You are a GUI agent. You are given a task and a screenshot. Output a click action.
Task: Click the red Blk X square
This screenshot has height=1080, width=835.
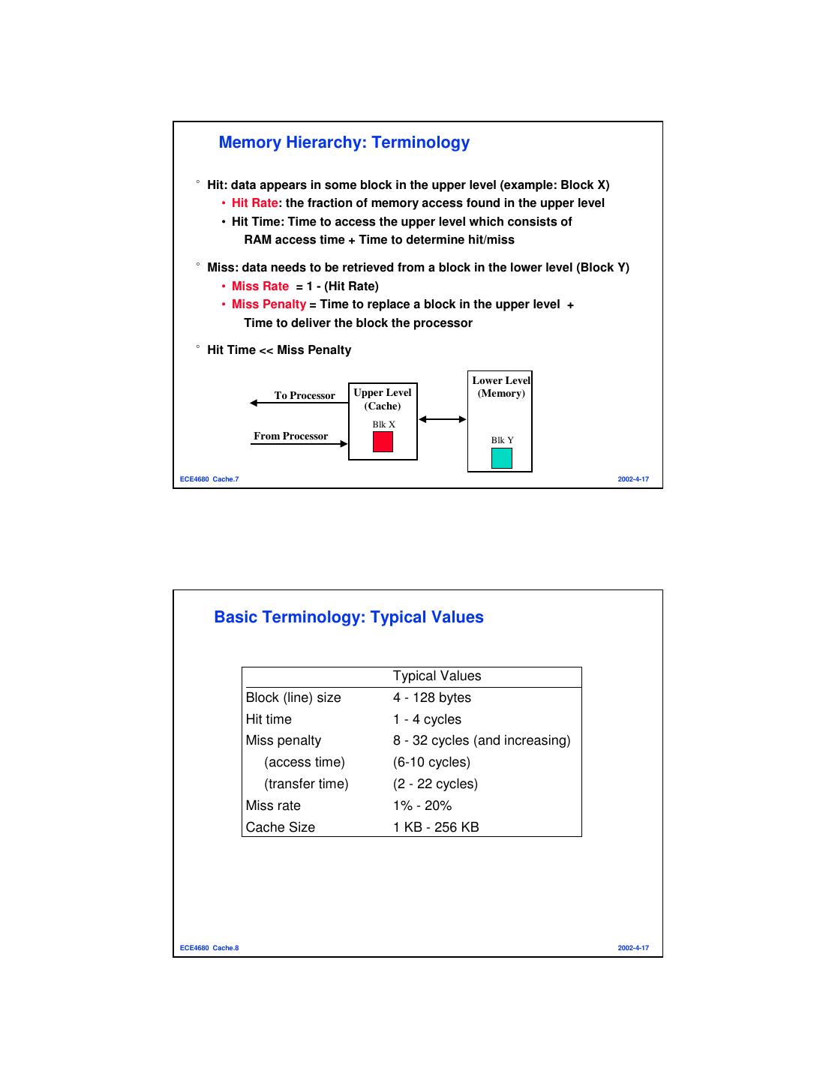click(x=383, y=442)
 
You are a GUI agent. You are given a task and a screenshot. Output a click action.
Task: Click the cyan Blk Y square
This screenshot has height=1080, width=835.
click(x=501, y=458)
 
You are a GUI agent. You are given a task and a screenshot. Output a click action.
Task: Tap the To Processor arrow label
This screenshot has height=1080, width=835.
click(x=305, y=396)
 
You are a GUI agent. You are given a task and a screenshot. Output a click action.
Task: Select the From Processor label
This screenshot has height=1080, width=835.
click(x=290, y=436)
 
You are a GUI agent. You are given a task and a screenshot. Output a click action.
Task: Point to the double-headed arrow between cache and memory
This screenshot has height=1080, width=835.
click(x=443, y=419)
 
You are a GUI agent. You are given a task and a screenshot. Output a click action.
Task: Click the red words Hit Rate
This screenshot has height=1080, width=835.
click(x=255, y=203)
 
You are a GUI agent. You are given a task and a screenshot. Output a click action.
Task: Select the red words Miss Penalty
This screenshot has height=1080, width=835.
click(x=269, y=304)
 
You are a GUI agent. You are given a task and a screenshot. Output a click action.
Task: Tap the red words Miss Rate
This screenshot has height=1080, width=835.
click(x=260, y=286)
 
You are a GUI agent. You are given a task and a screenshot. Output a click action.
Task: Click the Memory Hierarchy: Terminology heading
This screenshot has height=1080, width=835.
click(x=344, y=142)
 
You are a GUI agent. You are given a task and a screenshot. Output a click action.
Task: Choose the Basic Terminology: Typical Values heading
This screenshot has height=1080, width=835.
click(x=349, y=617)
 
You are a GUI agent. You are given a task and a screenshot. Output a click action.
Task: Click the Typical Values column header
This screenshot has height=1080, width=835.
click(x=437, y=676)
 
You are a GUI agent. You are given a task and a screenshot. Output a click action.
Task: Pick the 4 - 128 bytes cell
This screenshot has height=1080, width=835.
click(x=432, y=697)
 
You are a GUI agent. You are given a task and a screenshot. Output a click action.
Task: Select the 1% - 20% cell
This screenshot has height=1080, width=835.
click(x=422, y=805)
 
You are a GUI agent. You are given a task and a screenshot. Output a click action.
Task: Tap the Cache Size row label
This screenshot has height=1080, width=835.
click(x=281, y=827)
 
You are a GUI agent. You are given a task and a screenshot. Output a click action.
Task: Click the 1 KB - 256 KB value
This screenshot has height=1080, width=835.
click(x=436, y=827)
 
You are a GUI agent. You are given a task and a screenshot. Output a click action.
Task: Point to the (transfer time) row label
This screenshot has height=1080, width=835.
click(x=306, y=784)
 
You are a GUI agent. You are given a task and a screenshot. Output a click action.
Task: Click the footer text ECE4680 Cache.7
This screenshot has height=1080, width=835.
click(x=209, y=479)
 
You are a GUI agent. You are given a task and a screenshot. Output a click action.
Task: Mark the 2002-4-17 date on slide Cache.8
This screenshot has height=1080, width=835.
click(x=633, y=948)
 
